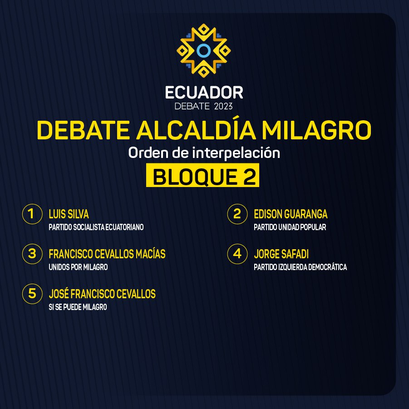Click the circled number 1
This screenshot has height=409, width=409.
point(32,214)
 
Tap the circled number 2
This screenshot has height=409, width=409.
point(237,214)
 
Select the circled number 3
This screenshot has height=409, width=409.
point(32,254)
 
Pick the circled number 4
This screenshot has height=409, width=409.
point(237,254)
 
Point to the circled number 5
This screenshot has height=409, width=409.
point(32,294)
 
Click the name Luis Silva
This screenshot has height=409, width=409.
point(69,214)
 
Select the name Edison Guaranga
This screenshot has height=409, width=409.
point(291,214)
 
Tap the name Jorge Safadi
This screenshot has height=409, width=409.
point(281,254)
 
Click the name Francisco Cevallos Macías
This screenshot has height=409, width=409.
point(107,254)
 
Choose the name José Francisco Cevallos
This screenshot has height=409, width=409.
point(102,294)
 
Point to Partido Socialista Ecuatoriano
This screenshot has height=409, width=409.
point(96,227)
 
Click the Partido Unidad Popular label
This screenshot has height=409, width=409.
point(290,227)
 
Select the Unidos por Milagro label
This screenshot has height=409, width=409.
point(78,267)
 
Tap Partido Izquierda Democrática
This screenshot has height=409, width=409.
point(300,267)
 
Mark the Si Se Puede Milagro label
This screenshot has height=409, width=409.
point(78,307)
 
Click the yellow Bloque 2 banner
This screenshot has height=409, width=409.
point(202,175)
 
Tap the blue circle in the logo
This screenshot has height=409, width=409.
point(203,50)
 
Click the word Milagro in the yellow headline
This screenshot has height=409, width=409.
point(317,130)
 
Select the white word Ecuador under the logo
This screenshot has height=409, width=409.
point(204,93)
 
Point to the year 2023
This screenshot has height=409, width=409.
point(223,106)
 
